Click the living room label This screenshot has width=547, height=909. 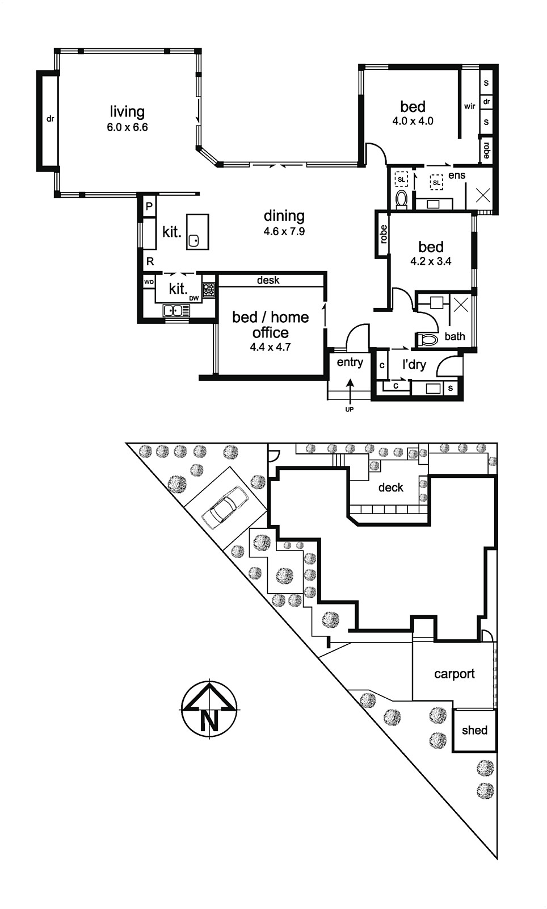click(x=127, y=111)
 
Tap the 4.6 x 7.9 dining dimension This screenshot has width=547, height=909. click(x=284, y=232)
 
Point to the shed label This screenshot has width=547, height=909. click(x=474, y=731)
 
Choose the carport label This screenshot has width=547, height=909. click(x=454, y=674)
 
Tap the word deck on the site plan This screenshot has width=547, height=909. click(x=390, y=487)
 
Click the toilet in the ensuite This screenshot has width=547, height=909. click(x=401, y=199)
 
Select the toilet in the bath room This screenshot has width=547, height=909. click(x=427, y=339)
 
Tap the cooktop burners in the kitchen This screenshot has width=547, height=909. click(x=209, y=290)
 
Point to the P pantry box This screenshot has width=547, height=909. click(x=149, y=207)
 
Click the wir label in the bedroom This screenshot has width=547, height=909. click(x=470, y=106)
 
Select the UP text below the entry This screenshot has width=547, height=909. click(x=350, y=410)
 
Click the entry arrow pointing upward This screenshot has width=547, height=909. click(x=350, y=391)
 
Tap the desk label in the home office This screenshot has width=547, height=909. click(x=268, y=280)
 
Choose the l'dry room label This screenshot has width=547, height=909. click(x=414, y=364)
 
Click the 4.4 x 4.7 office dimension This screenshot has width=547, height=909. click(x=270, y=347)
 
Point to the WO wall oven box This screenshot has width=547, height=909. click(x=149, y=282)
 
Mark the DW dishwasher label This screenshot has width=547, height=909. click(x=194, y=299)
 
